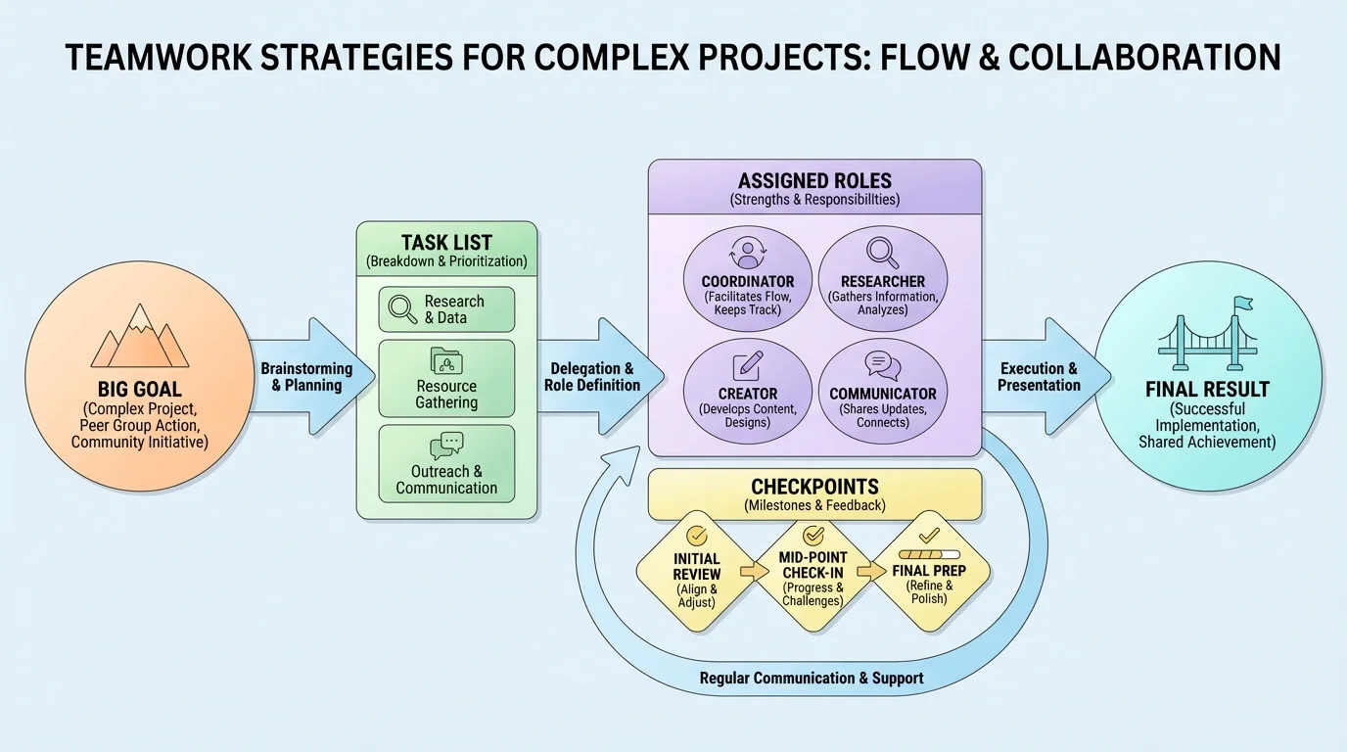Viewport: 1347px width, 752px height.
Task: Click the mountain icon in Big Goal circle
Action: point(139,337)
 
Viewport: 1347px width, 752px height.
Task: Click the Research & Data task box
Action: point(446,309)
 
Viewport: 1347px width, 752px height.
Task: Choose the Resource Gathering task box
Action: point(446,378)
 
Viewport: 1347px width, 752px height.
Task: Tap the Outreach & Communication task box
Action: point(446,464)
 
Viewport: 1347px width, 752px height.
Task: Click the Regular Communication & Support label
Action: point(812,678)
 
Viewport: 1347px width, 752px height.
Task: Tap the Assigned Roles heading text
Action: point(814,180)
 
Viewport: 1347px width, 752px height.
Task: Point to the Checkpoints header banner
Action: point(814,493)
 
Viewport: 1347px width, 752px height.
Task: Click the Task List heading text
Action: point(446,242)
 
